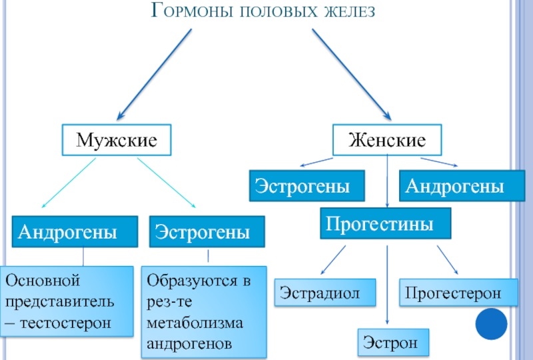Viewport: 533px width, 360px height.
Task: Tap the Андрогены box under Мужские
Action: (x=68, y=232)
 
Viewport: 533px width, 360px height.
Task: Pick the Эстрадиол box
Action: (x=320, y=293)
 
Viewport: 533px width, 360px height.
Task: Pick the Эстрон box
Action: (x=391, y=343)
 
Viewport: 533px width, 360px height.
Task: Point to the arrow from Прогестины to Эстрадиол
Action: (x=332, y=259)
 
